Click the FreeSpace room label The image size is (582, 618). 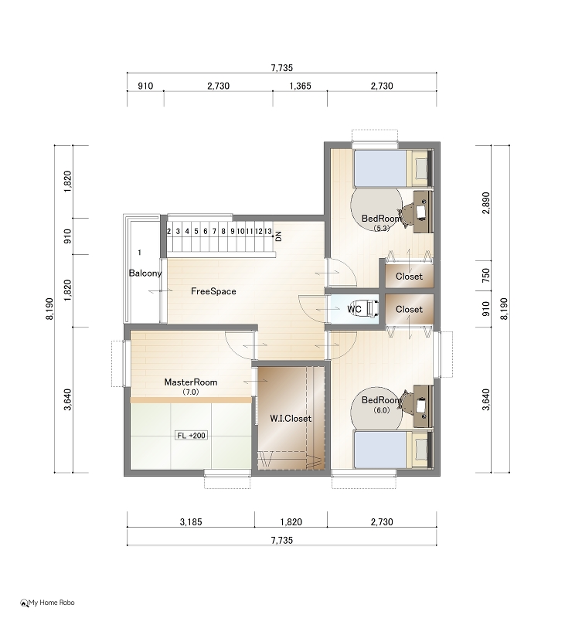pyautogui.click(x=213, y=291)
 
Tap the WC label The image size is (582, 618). pyautogui.click(x=354, y=310)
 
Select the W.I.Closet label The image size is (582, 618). pyautogui.click(x=291, y=418)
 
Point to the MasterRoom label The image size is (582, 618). pyautogui.click(x=191, y=382)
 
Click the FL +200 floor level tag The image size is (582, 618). pyautogui.click(x=191, y=436)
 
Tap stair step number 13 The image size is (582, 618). pyautogui.click(x=267, y=231)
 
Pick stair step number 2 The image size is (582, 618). pyautogui.click(x=168, y=231)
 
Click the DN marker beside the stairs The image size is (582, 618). pyautogui.click(x=279, y=236)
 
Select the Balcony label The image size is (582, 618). pyautogui.click(x=145, y=273)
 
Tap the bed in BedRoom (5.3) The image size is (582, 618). pyautogui.click(x=391, y=168)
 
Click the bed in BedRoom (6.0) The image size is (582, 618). pyautogui.click(x=391, y=450)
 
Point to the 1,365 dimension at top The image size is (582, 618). pyautogui.click(x=300, y=86)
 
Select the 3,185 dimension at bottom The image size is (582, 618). pyautogui.click(x=191, y=522)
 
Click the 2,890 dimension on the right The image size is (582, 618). pyautogui.click(x=486, y=203)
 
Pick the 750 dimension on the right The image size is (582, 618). pyautogui.click(x=486, y=275)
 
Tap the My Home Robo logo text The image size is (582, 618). pyautogui.click(x=51, y=603)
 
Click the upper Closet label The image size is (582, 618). pyautogui.click(x=409, y=277)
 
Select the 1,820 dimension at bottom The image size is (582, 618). pyautogui.click(x=291, y=522)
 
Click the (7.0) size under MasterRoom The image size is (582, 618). pyautogui.click(x=190, y=392)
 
